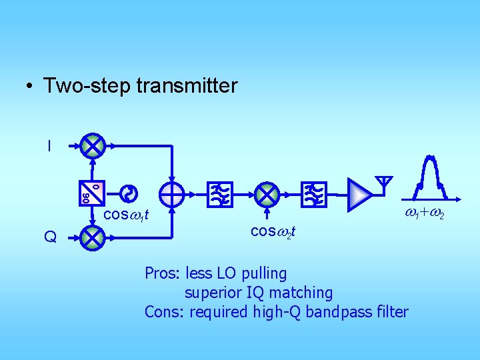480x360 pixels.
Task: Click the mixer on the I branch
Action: point(93,146)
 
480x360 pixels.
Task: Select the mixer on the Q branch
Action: point(93,237)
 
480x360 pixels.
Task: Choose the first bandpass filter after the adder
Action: point(219,194)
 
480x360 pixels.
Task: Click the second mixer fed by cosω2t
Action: point(267,194)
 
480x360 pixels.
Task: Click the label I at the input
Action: point(49,145)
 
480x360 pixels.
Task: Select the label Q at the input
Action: point(49,237)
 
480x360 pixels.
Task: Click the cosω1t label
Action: point(125,215)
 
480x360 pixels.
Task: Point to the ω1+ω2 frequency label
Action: point(425,214)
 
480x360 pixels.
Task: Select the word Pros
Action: point(161,273)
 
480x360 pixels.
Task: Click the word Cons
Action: point(163,311)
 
